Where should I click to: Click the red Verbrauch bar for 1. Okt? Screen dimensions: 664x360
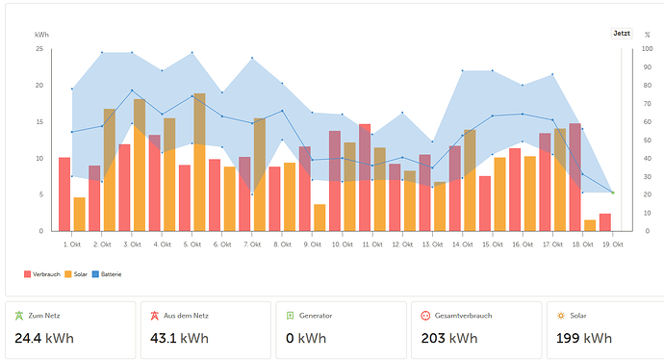(64, 194)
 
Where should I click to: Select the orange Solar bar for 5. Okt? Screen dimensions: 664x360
(199, 163)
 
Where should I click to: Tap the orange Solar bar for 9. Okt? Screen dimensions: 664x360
(319, 218)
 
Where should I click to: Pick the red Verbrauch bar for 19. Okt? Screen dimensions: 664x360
(605, 222)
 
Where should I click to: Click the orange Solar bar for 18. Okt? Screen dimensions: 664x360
(590, 226)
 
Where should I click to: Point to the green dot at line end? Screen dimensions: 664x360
(613, 193)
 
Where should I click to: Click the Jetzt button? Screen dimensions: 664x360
(622, 33)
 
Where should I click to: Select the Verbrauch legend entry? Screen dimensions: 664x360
(42, 274)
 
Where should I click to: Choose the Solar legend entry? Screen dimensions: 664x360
(76, 274)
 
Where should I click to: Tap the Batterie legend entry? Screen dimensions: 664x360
(107, 274)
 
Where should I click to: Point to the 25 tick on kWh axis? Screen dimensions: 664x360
(39, 49)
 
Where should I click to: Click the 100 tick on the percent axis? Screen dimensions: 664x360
(647, 49)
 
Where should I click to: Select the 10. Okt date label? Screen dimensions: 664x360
(343, 244)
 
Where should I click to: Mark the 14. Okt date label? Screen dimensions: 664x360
(463, 244)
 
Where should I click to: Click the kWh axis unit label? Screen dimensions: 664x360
(41, 35)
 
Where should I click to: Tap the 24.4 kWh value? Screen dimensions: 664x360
(44, 338)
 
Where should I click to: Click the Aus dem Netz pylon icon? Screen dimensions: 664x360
(155, 316)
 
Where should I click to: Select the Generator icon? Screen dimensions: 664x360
(290, 316)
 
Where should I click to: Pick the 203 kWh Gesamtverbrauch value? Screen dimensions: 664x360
(449, 338)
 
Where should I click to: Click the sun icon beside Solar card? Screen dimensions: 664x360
(561, 316)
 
